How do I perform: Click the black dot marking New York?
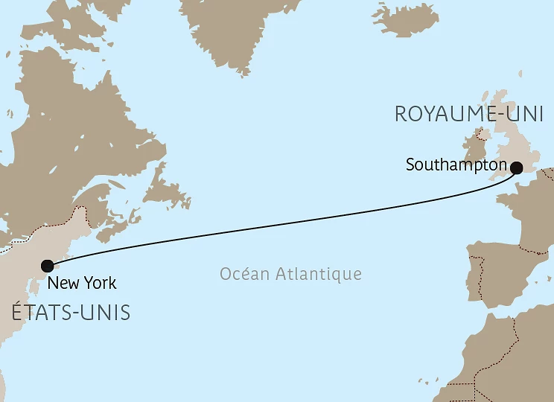tap(48, 266)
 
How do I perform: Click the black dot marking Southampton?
tap(515, 167)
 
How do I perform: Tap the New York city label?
tap(81, 284)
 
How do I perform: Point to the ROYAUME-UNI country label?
tap(468, 115)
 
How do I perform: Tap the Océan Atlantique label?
tap(290, 274)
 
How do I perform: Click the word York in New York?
tap(100, 284)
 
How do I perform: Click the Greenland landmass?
tap(238, 30)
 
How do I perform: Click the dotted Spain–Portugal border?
tap(480, 275)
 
